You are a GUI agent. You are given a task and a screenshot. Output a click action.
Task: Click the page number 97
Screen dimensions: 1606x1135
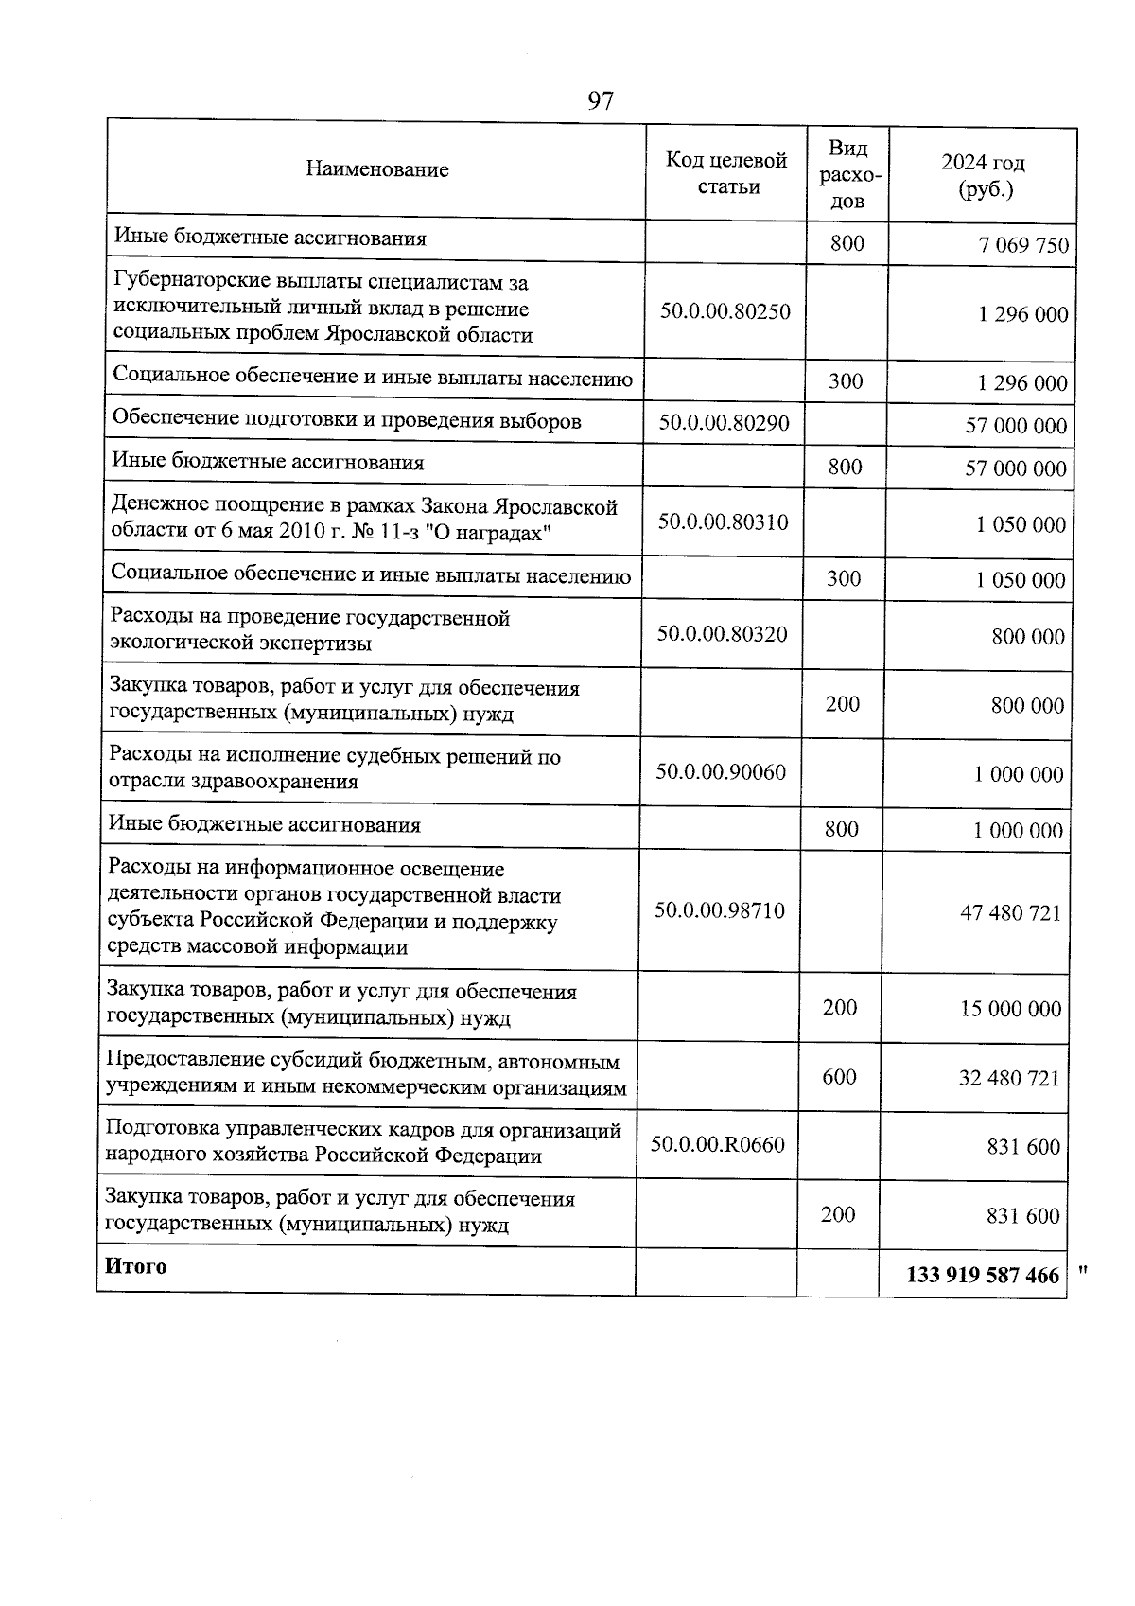[601, 100]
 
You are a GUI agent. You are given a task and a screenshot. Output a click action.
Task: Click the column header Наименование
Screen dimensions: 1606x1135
[377, 169]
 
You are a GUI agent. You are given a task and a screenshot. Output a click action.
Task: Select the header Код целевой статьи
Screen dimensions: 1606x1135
[726, 173]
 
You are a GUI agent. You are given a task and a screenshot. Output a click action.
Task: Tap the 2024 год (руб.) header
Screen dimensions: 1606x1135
[984, 176]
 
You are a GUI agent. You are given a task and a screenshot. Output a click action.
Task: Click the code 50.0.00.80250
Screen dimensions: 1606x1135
[725, 310]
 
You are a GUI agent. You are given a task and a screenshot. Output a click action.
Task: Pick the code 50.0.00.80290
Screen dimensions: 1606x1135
[725, 423]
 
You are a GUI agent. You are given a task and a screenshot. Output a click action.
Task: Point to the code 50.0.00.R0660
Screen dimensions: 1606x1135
[718, 1145]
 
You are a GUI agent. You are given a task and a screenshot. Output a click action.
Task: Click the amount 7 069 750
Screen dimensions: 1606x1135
[1024, 246]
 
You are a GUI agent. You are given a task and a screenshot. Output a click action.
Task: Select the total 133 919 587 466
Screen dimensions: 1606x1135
[983, 1275]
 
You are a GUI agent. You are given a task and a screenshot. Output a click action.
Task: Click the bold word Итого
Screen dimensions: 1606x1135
[136, 1266]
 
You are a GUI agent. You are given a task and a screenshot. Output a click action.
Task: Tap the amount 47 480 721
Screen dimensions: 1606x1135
[1010, 913]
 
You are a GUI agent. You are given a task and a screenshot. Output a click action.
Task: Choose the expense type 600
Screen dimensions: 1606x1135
[839, 1077]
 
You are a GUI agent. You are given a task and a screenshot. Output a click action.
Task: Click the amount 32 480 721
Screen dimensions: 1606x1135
[1009, 1078]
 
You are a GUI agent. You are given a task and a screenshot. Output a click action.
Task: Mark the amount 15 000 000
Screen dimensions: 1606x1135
[1010, 1009]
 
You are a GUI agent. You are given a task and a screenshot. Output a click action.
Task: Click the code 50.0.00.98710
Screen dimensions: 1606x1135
[720, 910]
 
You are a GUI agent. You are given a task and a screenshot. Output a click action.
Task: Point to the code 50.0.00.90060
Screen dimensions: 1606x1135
[721, 771]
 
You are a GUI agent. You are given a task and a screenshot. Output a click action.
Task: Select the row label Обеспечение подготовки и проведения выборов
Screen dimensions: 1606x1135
[347, 420]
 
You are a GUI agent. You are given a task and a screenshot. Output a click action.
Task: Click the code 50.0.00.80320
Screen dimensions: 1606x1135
[723, 634]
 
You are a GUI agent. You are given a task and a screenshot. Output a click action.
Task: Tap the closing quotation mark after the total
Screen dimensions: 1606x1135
[1083, 1270]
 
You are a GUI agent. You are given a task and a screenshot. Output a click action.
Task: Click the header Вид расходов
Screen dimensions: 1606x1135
[847, 174]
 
